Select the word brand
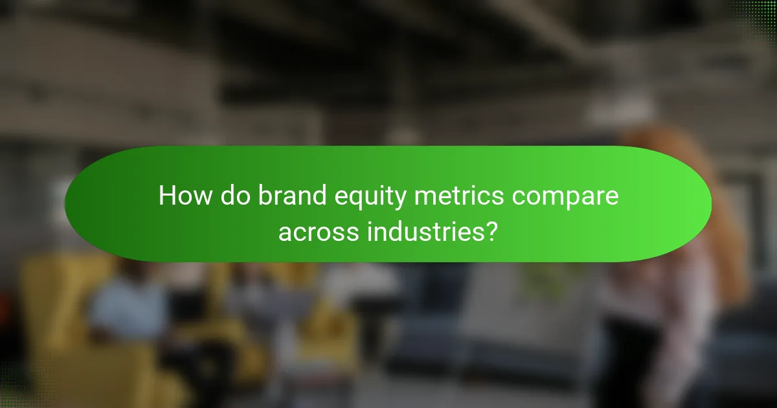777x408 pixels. click(x=285, y=196)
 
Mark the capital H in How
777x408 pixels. click(x=167, y=196)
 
